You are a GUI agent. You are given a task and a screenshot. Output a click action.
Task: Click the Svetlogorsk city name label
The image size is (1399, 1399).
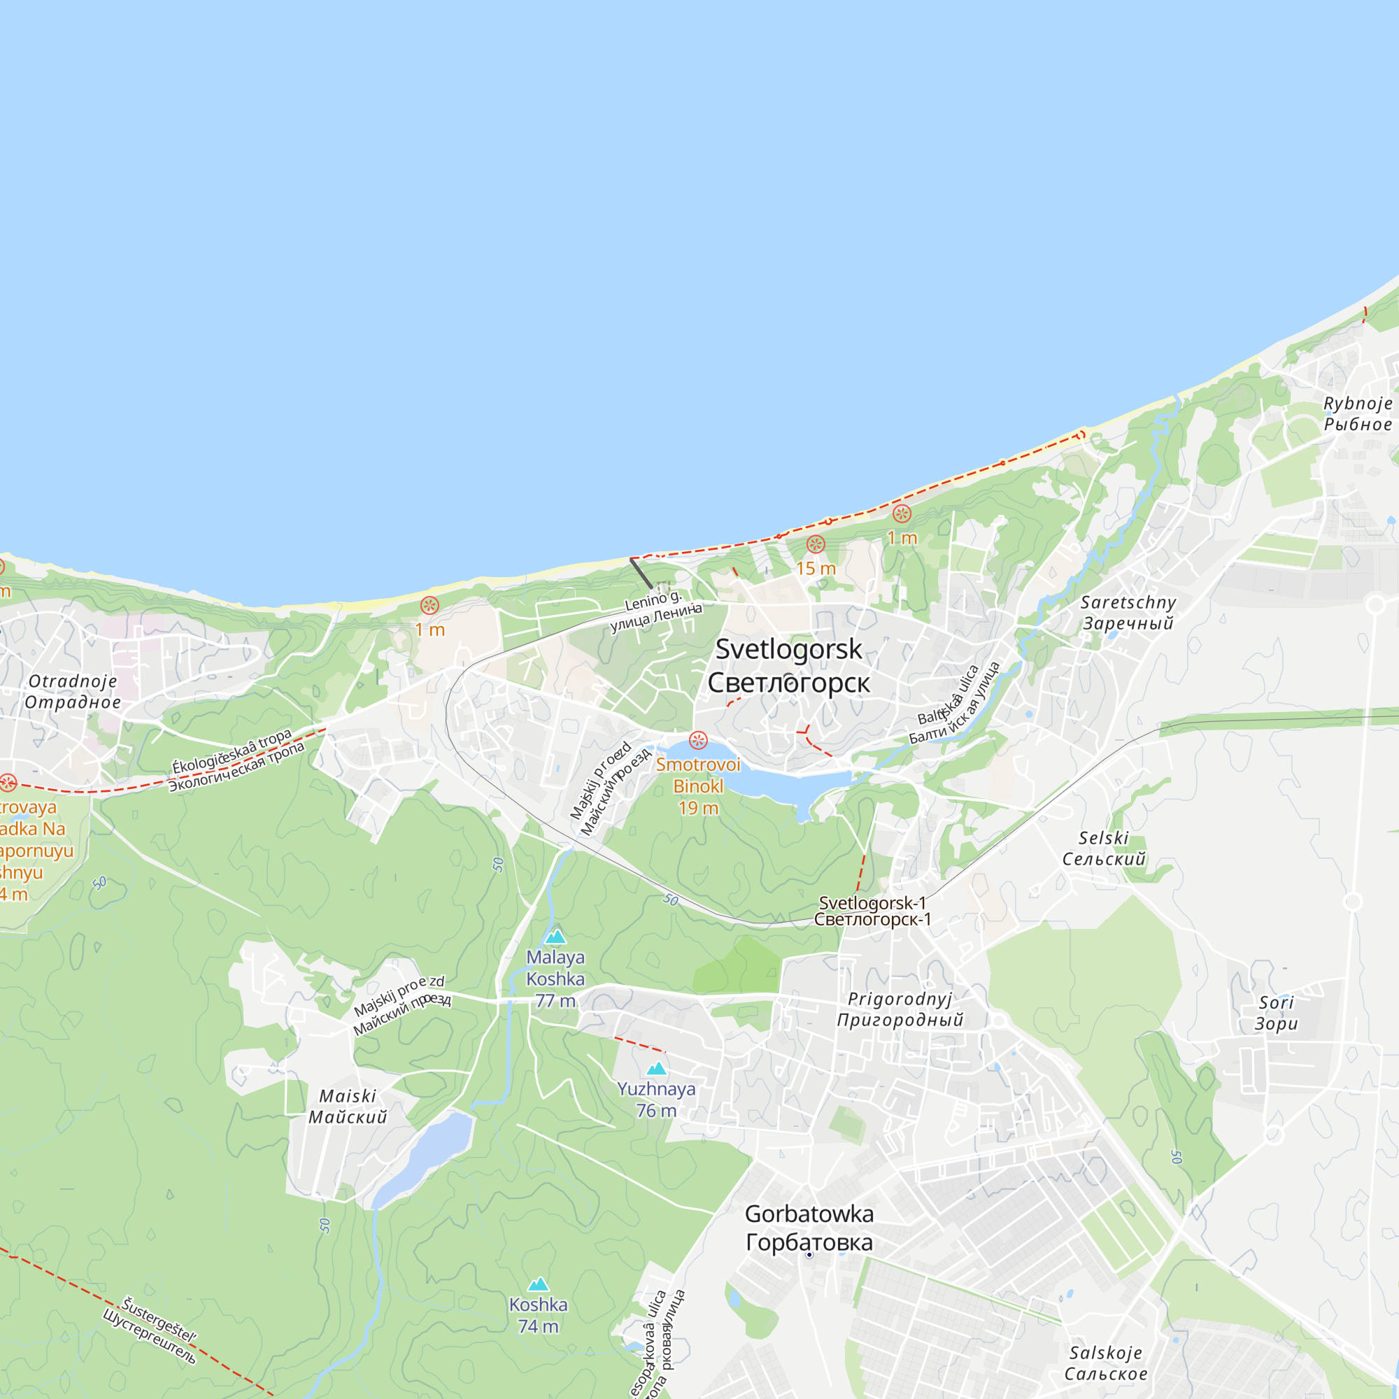pyautogui.click(x=788, y=665)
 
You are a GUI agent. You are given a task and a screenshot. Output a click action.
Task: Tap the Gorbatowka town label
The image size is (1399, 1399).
pyautogui.click(x=809, y=1228)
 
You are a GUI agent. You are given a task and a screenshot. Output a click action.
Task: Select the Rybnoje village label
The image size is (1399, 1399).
pyautogui.click(x=1358, y=413)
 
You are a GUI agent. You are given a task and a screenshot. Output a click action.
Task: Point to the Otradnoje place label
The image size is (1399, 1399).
pyautogui.click(x=73, y=691)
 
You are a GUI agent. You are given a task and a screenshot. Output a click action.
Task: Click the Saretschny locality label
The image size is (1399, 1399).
pyautogui.click(x=1128, y=612)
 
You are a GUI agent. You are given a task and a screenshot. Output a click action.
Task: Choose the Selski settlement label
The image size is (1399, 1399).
pyautogui.click(x=1104, y=848)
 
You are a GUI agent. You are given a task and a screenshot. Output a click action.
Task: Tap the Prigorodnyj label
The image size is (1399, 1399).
pyautogui.click(x=900, y=1009)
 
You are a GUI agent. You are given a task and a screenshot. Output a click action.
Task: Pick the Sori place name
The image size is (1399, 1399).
pyautogui.click(x=1276, y=1013)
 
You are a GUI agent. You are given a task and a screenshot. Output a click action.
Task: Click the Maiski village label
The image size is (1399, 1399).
pyautogui.click(x=348, y=1107)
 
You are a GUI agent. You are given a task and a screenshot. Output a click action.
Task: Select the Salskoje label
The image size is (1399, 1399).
pyautogui.click(x=1106, y=1363)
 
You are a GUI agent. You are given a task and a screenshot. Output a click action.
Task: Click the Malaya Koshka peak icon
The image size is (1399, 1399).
pyautogui.click(x=555, y=937)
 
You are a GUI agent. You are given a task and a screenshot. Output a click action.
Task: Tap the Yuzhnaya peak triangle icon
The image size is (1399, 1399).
pyautogui.click(x=656, y=1068)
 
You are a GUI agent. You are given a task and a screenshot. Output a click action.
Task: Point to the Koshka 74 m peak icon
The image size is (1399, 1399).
pyautogui.click(x=538, y=1284)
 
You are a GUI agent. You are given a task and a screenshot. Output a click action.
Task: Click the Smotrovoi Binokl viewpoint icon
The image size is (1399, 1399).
pyautogui.click(x=698, y=740)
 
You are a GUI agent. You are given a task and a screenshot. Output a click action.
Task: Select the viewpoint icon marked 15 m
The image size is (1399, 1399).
pyautogui.click(x=816, y=544)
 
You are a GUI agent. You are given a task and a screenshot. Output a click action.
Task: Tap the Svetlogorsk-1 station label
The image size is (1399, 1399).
pyautogui.click(x=872, y=911)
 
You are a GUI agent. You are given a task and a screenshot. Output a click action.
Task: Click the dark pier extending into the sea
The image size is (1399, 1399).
pyautogui.click(x=641, y=573)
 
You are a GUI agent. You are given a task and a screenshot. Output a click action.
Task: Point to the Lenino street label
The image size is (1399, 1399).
pyautogui.click(x=655, y=611)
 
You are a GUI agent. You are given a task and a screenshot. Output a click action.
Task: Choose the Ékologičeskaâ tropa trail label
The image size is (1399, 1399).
pyautogui.click(x=236, y=761)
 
